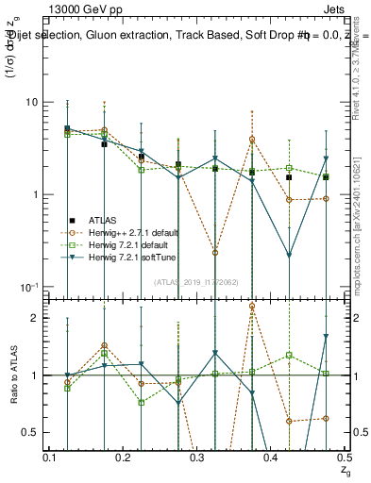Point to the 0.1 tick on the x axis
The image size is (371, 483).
(50, 457)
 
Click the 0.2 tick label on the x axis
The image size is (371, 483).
(124, 457)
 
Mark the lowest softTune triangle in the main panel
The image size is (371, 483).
(289, 255)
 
